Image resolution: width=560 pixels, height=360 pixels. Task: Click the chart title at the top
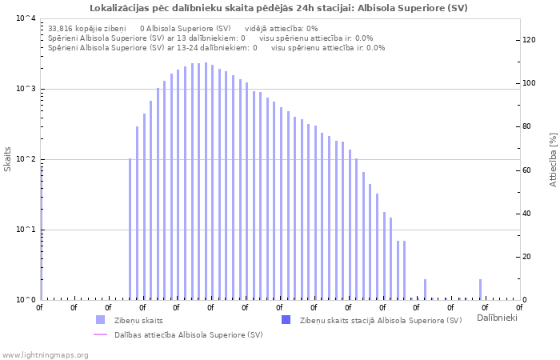click(x=279, y=8)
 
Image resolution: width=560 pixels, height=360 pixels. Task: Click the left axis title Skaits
click(x=8, y=158)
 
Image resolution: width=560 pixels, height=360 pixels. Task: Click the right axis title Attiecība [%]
click(x=553, y=160)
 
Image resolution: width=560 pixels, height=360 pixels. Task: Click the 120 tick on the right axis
click(x=529, y=40)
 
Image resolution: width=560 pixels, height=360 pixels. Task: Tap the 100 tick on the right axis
click(x=529, y=83)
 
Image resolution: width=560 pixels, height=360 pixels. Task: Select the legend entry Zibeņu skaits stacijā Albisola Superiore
click(x=380, y=320)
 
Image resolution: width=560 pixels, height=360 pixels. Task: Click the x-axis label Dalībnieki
click(x=496, y=318)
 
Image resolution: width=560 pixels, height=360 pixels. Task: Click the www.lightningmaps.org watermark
click(x=45, y=354)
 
